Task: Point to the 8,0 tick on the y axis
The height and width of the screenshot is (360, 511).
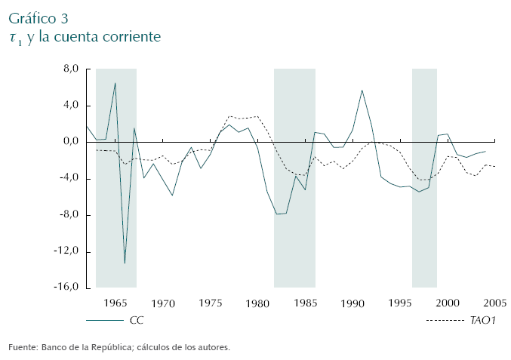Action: pyautogui.click(x=71, y=69)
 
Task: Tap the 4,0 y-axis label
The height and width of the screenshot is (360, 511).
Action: pyautogui.click(x=71, y=105)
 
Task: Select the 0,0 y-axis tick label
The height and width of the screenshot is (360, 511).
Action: pyautogui.click(x=71, y=142)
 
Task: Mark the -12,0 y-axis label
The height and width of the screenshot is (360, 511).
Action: pyautogui.click(x=67, y=252)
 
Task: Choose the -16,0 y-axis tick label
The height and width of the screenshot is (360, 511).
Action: pyautogui.click(x=67, y=288)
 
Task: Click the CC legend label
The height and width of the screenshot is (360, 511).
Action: pyautogui.click(x=137, y=320)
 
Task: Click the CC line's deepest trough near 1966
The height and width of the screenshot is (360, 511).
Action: pyautogui.click(x=125, y=263)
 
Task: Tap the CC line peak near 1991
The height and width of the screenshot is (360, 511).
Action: pyautogui.click(x=362, y=91)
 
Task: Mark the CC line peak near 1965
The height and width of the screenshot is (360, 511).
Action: pyautogui.click(x=115, y=83)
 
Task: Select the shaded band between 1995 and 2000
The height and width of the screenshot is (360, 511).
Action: pyautogui.click(x=424, y=178)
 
